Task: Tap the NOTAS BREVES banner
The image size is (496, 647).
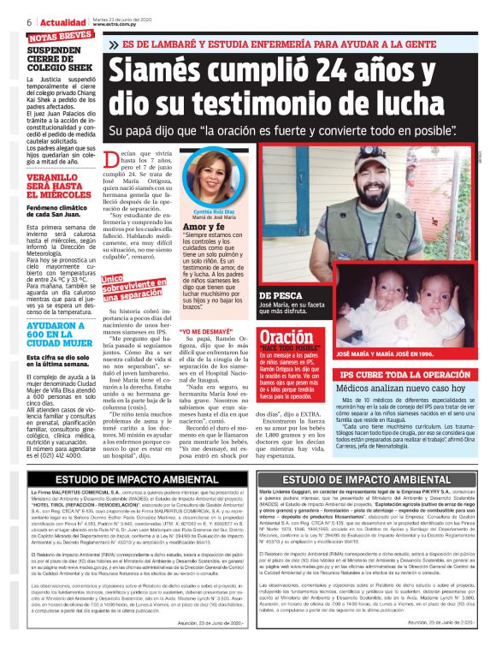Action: pos(60,36)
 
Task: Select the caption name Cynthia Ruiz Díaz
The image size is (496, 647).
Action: pos(215,234)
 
